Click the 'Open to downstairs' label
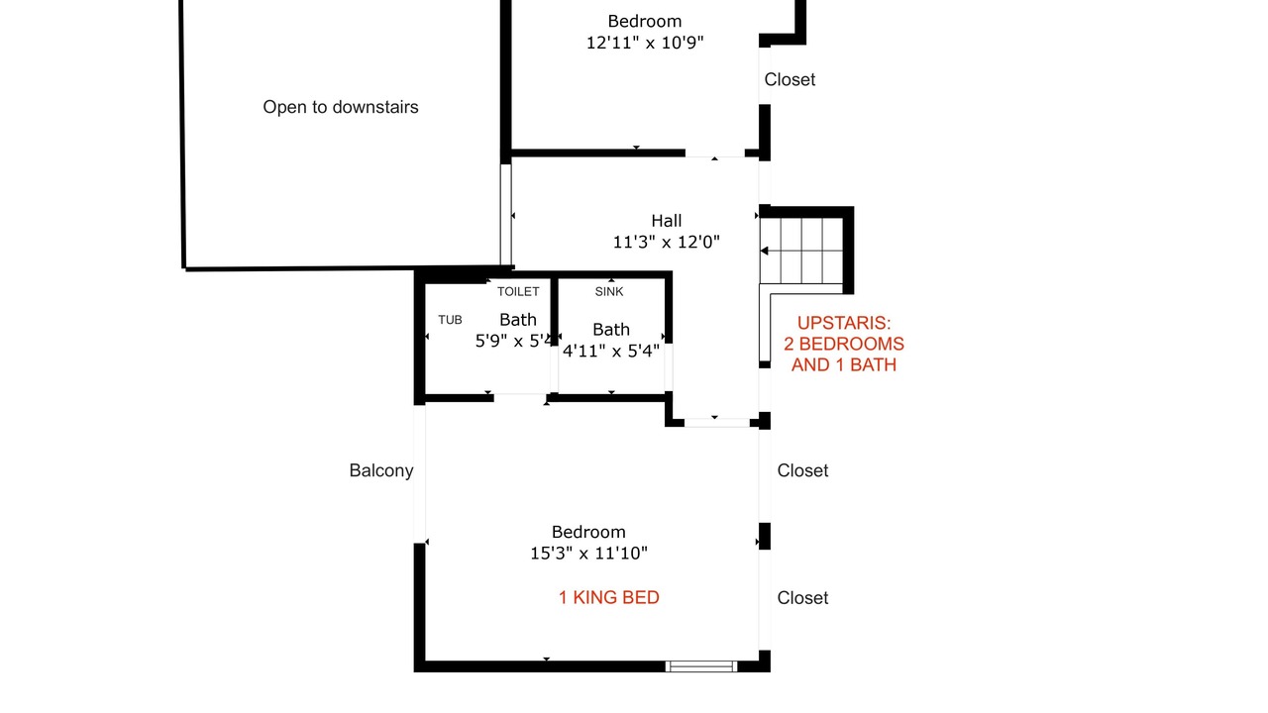point(340,107)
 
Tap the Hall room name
point(667,221)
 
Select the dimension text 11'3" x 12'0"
point(667,243)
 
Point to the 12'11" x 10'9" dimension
point(645,43)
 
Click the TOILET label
point(518,291)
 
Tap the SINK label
point(609,291)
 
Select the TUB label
point(450,320)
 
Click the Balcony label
point(381,470)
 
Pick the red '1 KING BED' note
point(609,597)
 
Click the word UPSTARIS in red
point(844,323)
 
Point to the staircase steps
point(801,251)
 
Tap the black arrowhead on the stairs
point(764,251)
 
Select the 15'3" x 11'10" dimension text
point(588,553)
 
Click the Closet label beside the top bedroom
point(790,80)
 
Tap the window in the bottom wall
point(700,666)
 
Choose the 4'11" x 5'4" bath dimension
point(611,351)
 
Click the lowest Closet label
point(802,598)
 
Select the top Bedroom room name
point(645,22)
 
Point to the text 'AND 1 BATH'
point(844,365)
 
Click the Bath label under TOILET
point(518,320)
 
